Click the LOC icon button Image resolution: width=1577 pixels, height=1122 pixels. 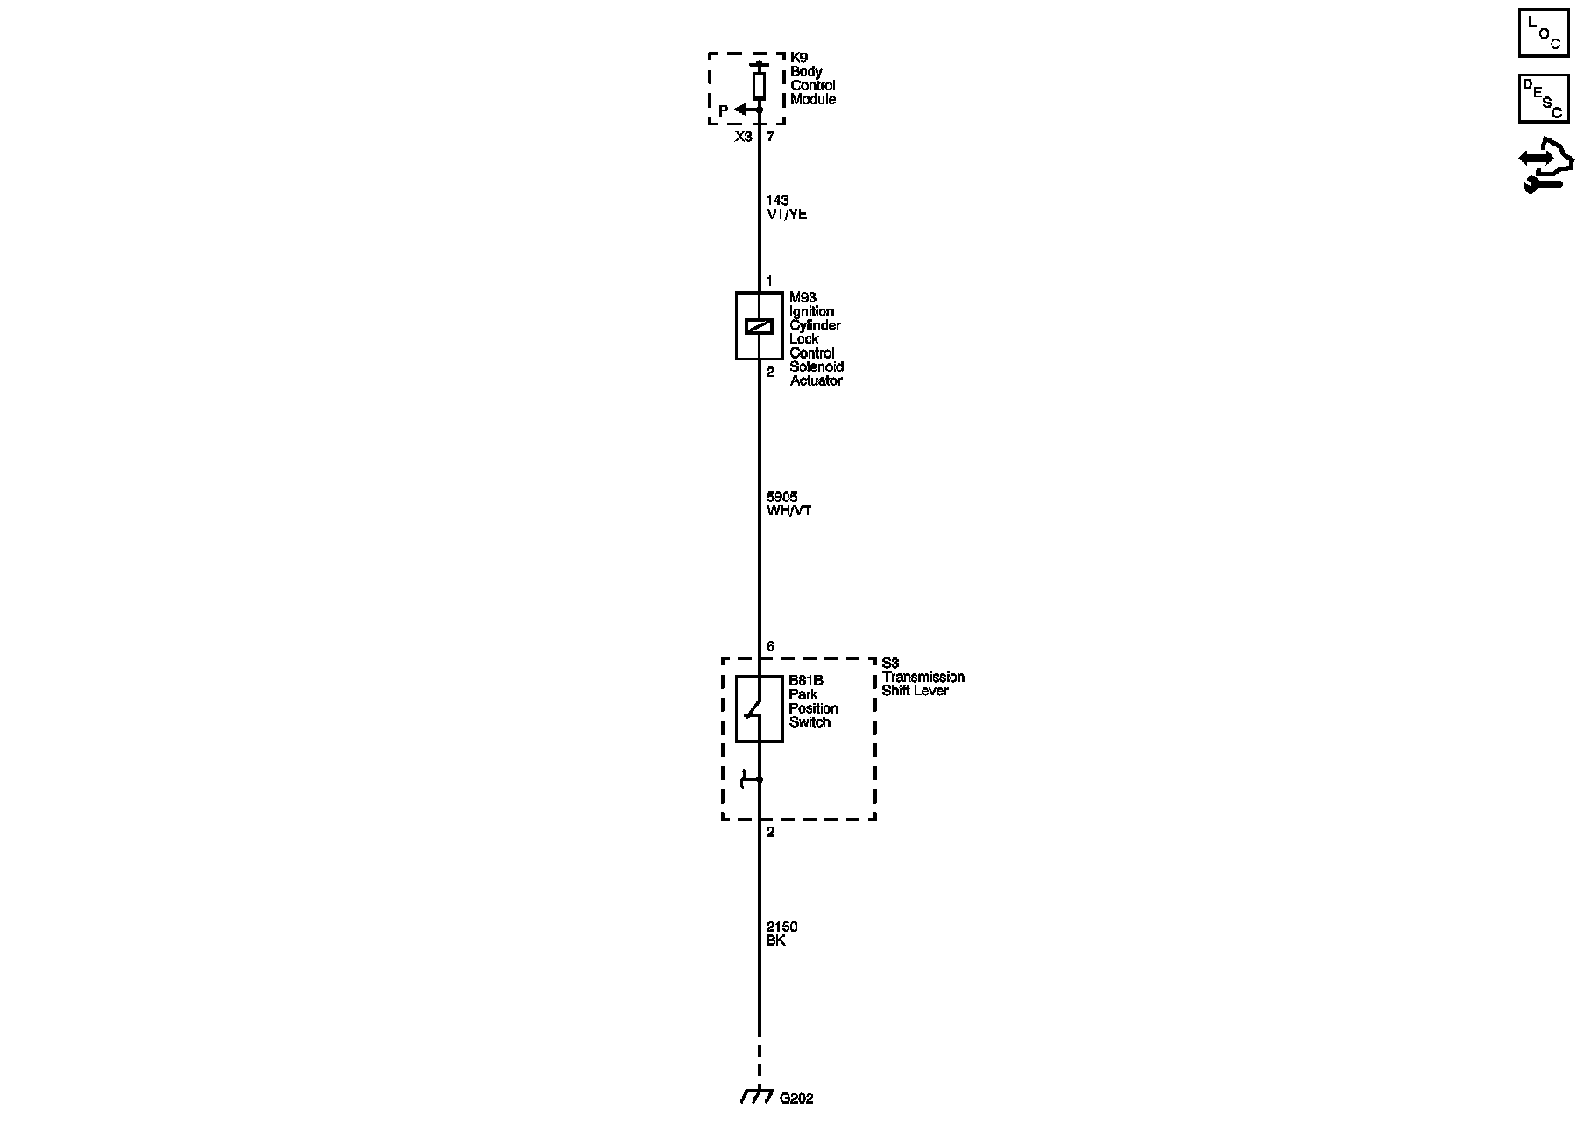(x=1543, y=32)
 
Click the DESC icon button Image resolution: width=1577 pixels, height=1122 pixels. (x=1543, y=98)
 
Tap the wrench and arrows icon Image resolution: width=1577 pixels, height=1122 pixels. (x=1545, y=166)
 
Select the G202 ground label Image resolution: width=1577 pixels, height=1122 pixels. (x=796, y=1097)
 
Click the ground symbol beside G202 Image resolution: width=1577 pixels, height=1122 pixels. (x=755, y=1096)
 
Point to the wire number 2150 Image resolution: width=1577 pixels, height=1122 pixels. (x=781, y=927)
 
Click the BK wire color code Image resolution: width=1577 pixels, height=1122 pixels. (x=775, y=941)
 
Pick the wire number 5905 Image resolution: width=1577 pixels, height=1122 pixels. (x=781, y=497)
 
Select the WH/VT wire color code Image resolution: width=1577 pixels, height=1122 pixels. (x=788, y=510)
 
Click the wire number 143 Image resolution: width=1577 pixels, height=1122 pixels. (x=777, y=201)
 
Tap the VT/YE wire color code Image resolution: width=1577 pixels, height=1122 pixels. (x=786, y=214)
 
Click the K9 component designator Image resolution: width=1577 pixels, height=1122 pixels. (x=799, y=58)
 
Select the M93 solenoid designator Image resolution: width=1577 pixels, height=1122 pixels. (x=803, y=298)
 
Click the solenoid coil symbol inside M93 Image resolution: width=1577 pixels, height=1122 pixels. (x=759, y=326)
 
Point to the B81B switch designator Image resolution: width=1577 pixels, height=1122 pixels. (x=806, y=681)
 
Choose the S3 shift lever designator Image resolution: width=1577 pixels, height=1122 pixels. (x=890, y=664)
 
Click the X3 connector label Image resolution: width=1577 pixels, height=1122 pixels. (x=743, y=138)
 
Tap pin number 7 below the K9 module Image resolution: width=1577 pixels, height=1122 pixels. (x=770, y=138)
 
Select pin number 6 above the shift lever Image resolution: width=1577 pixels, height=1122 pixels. (x=770, y=647)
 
